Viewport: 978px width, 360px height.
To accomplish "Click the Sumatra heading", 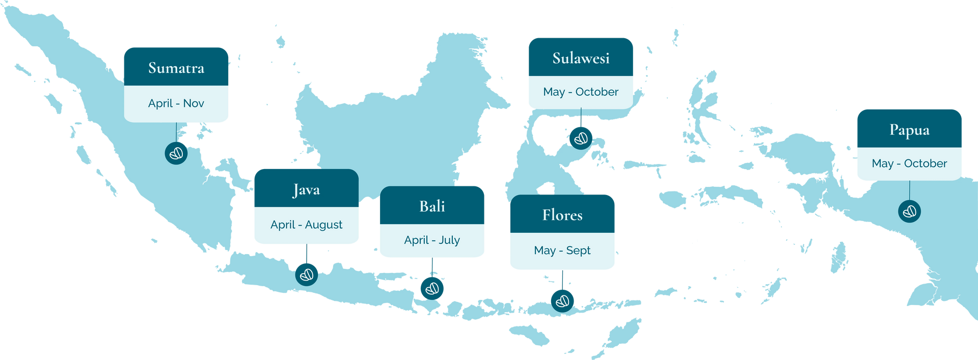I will [176, 68].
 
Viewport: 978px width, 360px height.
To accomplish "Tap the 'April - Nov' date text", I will [176, 103].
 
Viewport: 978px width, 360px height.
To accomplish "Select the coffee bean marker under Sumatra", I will [176, 153].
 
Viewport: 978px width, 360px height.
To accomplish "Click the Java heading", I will [306, 190].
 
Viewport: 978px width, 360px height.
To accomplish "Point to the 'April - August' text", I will [306, 225].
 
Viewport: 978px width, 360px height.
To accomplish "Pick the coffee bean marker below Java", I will [307, 274].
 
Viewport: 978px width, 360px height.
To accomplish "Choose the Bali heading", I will [432, 206].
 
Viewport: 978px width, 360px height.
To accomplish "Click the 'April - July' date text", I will [432, 240].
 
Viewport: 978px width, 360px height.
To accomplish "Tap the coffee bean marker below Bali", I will [432, 288].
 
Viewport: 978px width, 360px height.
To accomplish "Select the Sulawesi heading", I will [581, 58].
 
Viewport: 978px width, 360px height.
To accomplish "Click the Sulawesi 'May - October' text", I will [581, 92].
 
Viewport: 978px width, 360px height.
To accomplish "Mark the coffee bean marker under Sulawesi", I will [581, 137].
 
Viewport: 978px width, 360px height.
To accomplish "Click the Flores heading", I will [562, 215].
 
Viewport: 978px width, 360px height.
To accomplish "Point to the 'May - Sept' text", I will [562, 251].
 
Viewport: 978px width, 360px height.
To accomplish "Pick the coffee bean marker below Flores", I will [562, 300].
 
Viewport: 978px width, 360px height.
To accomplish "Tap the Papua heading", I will [909, 130].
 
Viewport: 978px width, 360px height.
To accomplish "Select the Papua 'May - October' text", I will [909, 163].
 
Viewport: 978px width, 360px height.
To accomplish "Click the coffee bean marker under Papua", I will [910, 211].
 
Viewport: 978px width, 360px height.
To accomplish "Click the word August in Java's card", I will [323, 225].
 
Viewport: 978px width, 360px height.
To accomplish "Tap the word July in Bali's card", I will [449, 240].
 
